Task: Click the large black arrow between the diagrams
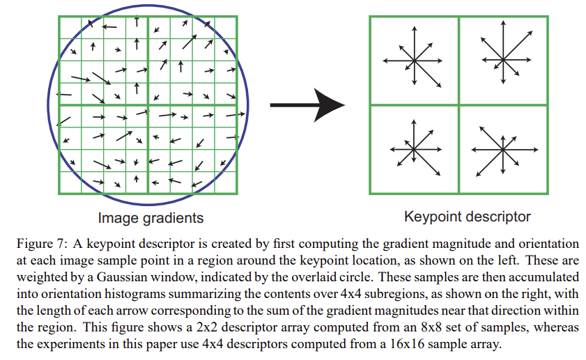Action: pyautogui.click(x=307, y=105)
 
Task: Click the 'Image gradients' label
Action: pyautogui.click(x=151, y=218)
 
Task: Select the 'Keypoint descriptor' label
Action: pyautogui.click(x=468, y=217)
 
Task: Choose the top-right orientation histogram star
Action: pyautogui.click(x=502, y=50)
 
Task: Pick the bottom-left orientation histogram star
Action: pyautogui.click(x=414, y=148)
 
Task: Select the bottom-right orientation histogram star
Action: pyautogui.click(x=502, y=148)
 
